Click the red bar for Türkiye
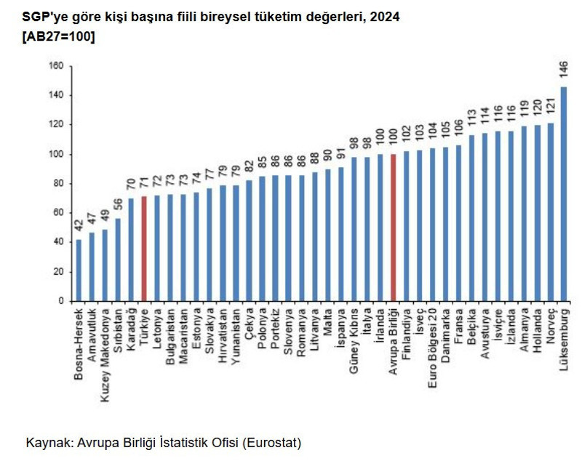[143, 248]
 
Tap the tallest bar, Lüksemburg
[563, 193]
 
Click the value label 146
[563, 71]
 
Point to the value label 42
[79, 225]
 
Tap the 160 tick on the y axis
[56, 66]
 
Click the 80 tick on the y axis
[58, 183]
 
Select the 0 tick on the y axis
[61, 301]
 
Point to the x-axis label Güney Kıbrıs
[354, 339]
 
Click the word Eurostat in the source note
[272, 442]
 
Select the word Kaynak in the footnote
[45, 442]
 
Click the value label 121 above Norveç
[550, 108]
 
